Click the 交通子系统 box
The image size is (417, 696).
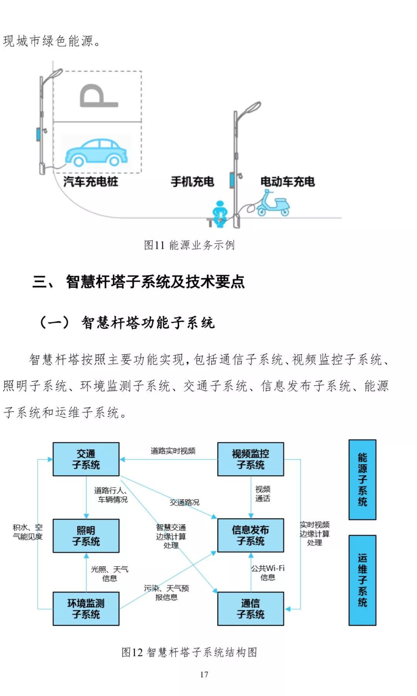pos(86,459)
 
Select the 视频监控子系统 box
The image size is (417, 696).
pos(250,459)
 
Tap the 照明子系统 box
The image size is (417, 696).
pos(86,535)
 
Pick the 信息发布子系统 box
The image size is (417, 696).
pos(250,535)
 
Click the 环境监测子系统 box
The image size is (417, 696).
pos(86,608)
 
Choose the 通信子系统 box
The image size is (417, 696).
pos(250,608)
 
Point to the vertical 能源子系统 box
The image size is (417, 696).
pos(362,479)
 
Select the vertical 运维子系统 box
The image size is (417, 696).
pos(362,580)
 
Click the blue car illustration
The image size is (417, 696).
pos(97,152)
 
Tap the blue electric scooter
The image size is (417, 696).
pos(273,203)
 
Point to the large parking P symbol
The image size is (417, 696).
pos(97,96)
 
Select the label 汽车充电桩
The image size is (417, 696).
pos(90,181)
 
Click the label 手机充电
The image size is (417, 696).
pos(192,181)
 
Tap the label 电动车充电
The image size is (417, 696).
pos(288,181)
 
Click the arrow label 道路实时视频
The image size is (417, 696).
pos(173,450)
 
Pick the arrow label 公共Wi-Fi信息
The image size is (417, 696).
pos(268,572)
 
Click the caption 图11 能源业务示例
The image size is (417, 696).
pos(189,245)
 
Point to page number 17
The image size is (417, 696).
pos(204,674)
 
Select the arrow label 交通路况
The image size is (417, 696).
pos(185,502)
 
